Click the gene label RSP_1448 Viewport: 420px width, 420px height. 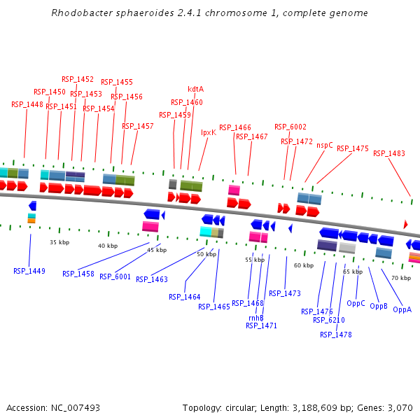pyautogui.click(x=27, y=104)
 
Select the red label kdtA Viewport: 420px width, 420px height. pyautogui.click(x=196, y=89)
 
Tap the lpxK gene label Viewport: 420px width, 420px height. pyautogui.click(x=209, y=132)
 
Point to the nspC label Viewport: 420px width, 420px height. pyautogui.click(x=325, y=145)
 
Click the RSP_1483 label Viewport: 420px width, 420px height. pyautogui.click(x=389, y=153)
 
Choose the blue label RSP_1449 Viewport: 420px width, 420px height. pyautogui.click(x=29, y=271)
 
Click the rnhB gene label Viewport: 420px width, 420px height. pyautogui.click(x=255, y=318)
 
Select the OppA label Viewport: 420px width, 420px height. pyautogui.click(x=402, y=309)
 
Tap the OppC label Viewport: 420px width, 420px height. pyautogui.click(x=356, y=304)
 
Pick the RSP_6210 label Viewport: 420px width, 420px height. pyautogui.click(x=329, y=320)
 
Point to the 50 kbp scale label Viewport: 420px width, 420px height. pyautogui.click(x=206, y=254)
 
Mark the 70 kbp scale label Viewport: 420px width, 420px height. pyautogui.click(x=400, y=278)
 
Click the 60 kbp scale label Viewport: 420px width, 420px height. pyautogui.click(x=304, y=265)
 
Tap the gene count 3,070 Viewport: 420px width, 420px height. pyautogui.click(x=399, y=407)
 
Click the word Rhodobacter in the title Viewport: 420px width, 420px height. pyautogui.click(x=80, y=13)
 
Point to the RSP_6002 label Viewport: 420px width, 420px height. pyautogui.click(x=290, y=127)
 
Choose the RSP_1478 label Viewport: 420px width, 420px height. pyautogui.click(x=336, y=335)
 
